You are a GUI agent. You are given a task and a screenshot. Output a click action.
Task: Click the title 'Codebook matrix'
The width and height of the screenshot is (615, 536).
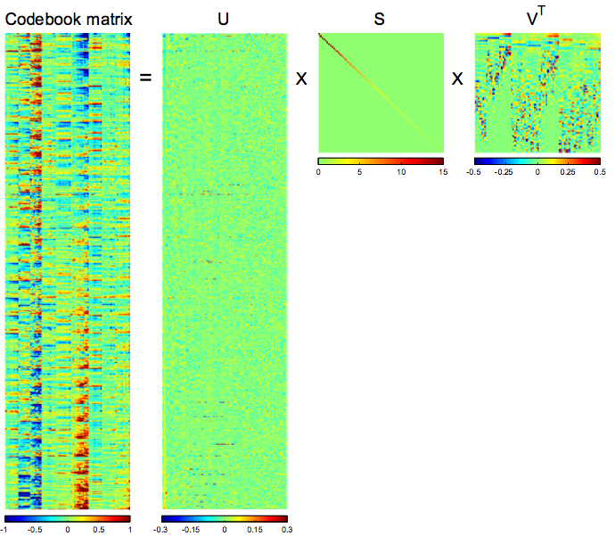pyautogui.click(x=69, y=17)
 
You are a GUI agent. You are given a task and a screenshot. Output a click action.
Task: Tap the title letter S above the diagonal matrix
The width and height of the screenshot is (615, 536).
pyautogui.click(x=380, y=17)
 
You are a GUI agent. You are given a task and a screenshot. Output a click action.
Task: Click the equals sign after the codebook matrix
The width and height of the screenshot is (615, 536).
pyautogui.click(x=146, y=78)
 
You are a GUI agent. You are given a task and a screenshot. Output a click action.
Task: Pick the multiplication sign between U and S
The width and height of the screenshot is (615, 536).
pyautogui.click(x=301, y=78)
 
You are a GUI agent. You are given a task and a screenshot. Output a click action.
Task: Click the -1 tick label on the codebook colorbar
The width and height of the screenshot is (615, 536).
pyautogui.click(x=7, y=529)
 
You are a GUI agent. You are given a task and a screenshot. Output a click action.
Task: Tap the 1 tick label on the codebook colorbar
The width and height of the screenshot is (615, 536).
pyautogui.click(x=129, y=529)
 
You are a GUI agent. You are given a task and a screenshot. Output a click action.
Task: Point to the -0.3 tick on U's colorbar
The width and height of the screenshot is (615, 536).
pyautogui.click(x=166, y=529)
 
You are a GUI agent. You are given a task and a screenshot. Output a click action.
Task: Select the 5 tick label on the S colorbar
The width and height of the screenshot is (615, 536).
pyautogui.click(x=359, y=172)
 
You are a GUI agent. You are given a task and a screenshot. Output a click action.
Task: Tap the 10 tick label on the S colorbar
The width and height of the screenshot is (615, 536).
pyautogui.click(x=401, y=172)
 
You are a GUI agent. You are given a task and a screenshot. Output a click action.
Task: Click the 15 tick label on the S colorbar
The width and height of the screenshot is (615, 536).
pyautogui.click(x=441, y=172)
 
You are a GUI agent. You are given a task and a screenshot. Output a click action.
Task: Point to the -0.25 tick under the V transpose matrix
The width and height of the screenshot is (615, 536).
pyautogui.click(x=506, y=172)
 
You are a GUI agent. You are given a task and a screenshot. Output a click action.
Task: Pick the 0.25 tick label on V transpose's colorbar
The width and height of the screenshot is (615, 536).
pyautogui.click(x=569, y=172)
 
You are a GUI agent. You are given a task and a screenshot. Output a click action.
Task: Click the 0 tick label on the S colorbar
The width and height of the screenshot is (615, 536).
pyautogui.click(x=319, y=172)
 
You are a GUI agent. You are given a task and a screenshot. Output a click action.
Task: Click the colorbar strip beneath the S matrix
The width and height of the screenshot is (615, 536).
pyautogui.click(x=381, y=161)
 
